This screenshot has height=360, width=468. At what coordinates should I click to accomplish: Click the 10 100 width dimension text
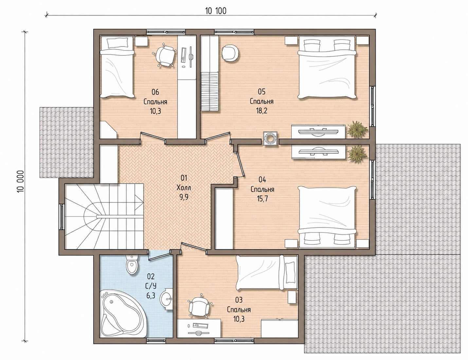point(216,11)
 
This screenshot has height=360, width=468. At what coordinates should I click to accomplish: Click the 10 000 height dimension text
point(20,181)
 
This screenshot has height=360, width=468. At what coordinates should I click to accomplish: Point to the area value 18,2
point(261,111)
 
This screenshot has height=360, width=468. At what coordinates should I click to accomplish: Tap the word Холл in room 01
point(184,188)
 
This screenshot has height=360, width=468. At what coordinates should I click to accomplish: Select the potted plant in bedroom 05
point(357,130)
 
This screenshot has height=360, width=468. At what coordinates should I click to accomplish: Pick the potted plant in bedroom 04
point(357,154)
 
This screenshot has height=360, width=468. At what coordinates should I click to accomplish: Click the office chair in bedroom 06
point(165,56)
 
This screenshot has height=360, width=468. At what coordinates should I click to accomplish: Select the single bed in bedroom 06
point(117,67)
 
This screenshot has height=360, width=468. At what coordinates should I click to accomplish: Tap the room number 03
point(239,300)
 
